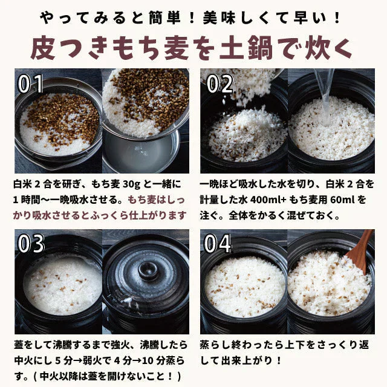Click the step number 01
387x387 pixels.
click(x=31, y=84)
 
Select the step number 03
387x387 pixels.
click(x=31, y=244)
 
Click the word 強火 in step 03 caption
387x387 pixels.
click(x=126, y=346)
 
